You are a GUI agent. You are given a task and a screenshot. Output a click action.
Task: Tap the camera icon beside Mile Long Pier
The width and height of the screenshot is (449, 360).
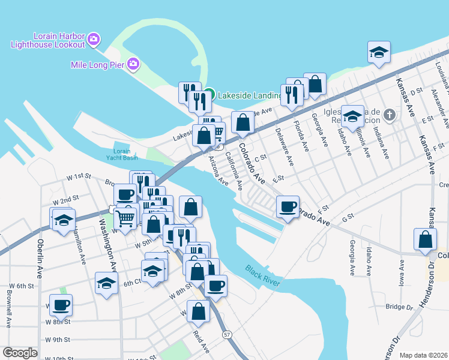point(133,64)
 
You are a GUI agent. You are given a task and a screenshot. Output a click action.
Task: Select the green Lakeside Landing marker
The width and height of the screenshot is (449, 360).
point(208,94)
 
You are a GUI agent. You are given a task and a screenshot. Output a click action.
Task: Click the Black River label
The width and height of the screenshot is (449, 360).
point(263,277)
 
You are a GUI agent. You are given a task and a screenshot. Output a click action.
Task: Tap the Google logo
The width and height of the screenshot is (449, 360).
point(20,353)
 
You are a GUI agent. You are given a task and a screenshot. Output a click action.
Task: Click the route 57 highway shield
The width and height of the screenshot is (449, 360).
point(226,334)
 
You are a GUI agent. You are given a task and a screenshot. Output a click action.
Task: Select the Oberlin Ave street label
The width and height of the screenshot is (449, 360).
point(41,259)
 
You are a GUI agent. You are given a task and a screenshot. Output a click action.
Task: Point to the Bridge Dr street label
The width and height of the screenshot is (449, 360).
point(399,307)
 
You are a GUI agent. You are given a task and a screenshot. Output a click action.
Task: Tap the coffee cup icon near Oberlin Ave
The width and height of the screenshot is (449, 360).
point(61,305)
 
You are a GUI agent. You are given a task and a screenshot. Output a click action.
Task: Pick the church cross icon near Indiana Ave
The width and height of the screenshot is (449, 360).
point(389,115)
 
